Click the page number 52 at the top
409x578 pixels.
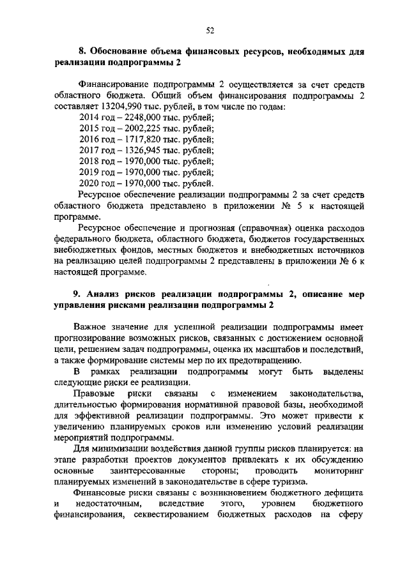(x=210, y=29)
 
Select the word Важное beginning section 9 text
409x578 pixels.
(x=92, y=327)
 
